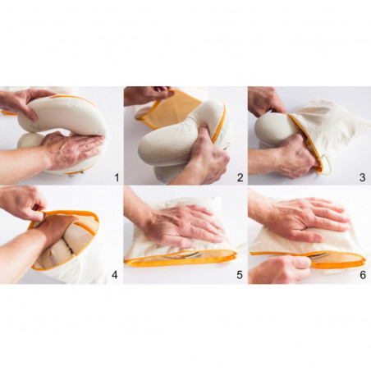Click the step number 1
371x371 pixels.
point(117,177)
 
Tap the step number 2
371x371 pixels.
point(240,177)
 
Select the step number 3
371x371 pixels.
point(363,177)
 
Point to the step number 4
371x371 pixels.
point(115,275)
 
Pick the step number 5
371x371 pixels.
point(240,275)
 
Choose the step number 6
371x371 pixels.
point(363,275)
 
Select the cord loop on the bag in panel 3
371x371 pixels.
point(327,164)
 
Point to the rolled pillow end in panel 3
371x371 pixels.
point(273,130)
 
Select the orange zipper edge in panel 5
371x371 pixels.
point(181,260)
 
